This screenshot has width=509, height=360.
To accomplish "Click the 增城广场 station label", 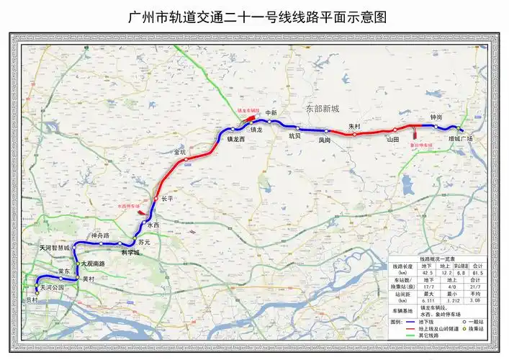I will pyautogui.click(x=459, y=138).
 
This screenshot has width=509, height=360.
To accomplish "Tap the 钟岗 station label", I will pyautogui.click(x=436, y=117).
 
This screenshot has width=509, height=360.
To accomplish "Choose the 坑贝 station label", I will pyautogui.click(x=294, y=135).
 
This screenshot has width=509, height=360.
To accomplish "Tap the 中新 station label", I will pyautogui.click(x=271, y=113).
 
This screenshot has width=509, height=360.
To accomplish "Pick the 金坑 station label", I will pyautogui.click(x=180, y=153).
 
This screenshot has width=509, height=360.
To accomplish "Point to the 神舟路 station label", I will pyautogui.click(x=99, y=236).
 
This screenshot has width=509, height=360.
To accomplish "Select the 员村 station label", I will pyautogui.click(x=30, y=300).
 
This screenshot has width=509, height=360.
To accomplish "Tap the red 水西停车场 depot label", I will pyautogui.click(x=127, y=205).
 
